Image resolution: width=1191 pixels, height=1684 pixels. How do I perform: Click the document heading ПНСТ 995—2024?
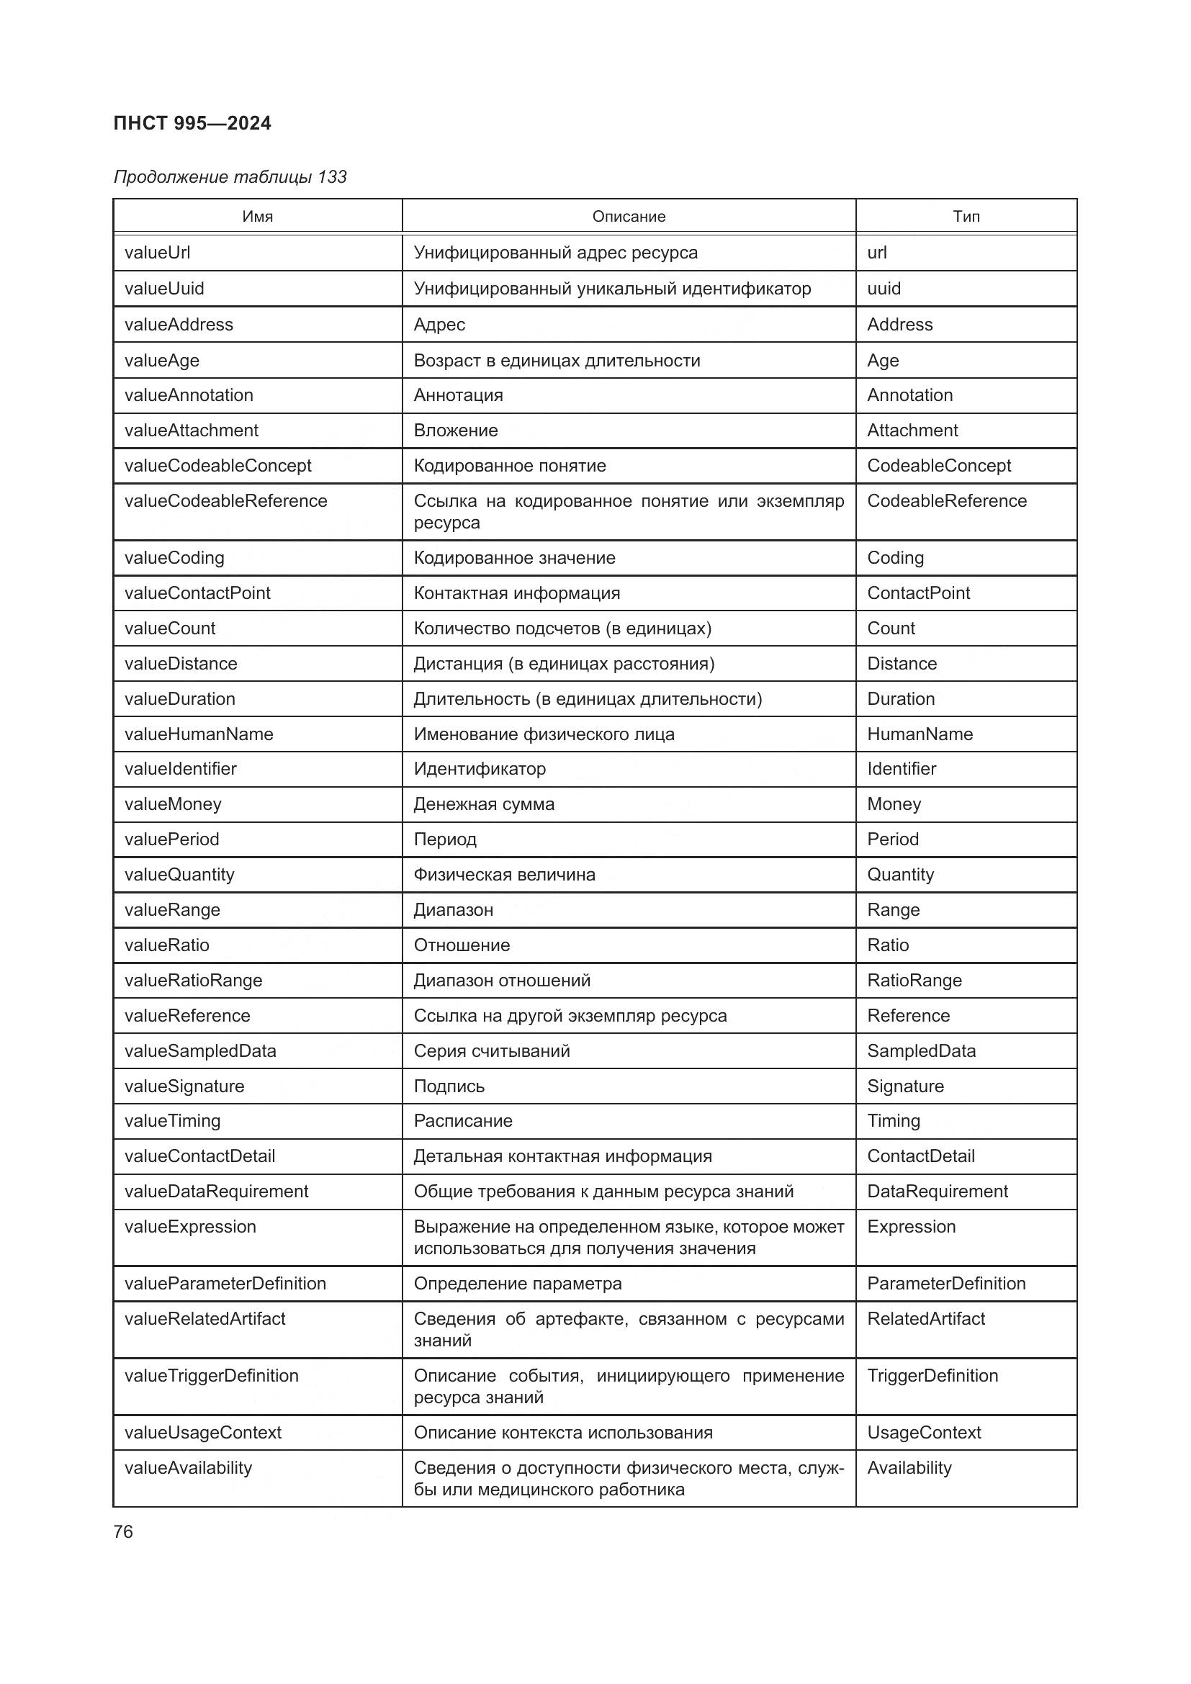[x=192, y=123]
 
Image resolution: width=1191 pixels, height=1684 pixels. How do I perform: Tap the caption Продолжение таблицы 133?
[x=230, y=177]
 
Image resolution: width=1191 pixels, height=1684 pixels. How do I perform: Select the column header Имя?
[x=257, y=217]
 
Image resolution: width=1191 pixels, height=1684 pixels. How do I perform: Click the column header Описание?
[x=629, y=217]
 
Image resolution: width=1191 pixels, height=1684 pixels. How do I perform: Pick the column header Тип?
[x=966, y=217]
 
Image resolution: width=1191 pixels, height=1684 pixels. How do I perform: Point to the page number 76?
[x=123, y=1531]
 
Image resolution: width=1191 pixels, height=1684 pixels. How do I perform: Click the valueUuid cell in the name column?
[x=164, y=288]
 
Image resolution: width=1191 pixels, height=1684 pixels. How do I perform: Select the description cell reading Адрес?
[x=439, y=324]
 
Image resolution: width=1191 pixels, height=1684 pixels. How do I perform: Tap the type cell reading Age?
[x=883, y=360]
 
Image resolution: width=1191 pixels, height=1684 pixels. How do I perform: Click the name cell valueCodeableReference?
[x=226, y=501]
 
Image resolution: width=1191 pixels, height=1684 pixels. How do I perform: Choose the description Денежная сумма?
[x=484, y=804]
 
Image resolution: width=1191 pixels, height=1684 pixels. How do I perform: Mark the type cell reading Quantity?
[x=901, y=874]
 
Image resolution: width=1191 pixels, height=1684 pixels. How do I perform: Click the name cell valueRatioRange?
[x=194, y=980]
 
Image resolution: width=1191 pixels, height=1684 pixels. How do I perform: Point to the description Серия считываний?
[x=492, y=1050]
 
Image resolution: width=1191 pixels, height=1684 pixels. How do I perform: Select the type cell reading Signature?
[x=906, y=1086]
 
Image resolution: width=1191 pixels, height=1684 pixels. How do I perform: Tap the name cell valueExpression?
[x=191, y=1226]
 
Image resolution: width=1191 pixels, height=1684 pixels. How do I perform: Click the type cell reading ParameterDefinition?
[x=946, y=1283]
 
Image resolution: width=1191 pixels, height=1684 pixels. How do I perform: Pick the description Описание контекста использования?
[x=563, y=1433]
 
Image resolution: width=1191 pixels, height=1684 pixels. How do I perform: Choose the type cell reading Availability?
[x=909, y=1467]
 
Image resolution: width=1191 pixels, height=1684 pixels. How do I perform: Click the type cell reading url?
[x=877, y=252]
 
